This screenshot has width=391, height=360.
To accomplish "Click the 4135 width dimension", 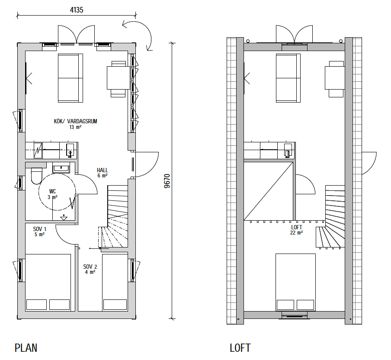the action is (77, 10).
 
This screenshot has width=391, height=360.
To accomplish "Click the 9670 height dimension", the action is (167, 181).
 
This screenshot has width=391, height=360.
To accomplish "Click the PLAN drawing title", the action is (26, 348).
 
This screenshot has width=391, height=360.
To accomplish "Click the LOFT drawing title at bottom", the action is (240, 348).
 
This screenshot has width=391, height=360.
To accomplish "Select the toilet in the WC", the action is (36, 176).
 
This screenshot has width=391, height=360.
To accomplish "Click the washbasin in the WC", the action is (61, 167).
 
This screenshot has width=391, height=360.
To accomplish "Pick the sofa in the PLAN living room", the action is (71, 78).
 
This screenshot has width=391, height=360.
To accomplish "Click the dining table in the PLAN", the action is (119, 77).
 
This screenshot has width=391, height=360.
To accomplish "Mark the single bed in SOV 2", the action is (115, 283).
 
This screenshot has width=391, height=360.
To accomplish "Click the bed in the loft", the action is (295, 282).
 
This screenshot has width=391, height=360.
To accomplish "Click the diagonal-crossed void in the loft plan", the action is (268, 191).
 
